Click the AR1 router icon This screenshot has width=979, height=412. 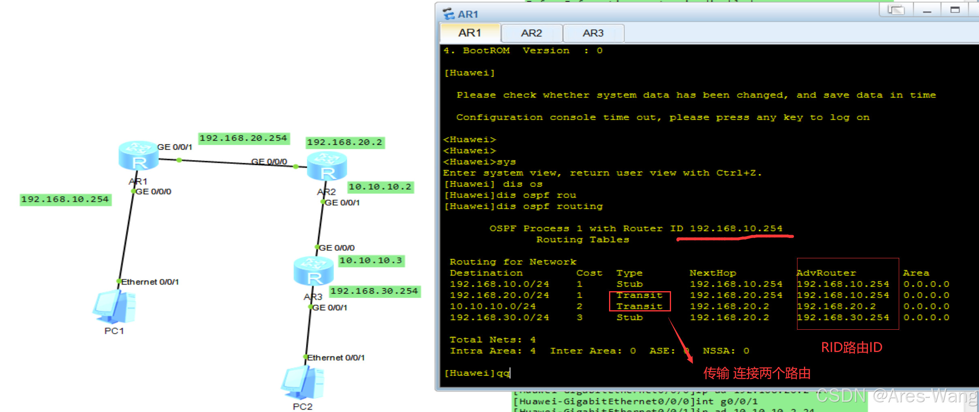[139, 156]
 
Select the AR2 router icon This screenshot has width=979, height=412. [327, 167]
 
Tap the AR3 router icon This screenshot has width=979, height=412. [314, 271]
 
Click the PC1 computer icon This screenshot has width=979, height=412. [114, 307]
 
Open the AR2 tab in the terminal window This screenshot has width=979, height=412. [531, 33]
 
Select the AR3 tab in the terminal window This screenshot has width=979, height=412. [593, 33]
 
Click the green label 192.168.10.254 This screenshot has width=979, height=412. [65, 200]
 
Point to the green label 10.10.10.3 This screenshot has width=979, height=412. [371, 260]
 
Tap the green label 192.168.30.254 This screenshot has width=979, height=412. [374, 291]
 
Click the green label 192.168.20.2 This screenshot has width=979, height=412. [344, 142]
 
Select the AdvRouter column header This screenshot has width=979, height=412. [826, 273]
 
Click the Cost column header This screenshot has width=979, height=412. [589, 273]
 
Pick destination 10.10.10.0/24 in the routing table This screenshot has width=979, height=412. [493, 306]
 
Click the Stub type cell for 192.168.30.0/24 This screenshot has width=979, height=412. [629, 318]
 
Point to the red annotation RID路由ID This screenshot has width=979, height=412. [851, 348]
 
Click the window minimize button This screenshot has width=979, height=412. [927, 11]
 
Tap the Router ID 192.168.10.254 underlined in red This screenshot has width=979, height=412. [736, 228]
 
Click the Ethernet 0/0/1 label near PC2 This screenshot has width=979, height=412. [336, 358]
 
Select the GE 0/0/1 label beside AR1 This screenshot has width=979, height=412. [175, 147]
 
